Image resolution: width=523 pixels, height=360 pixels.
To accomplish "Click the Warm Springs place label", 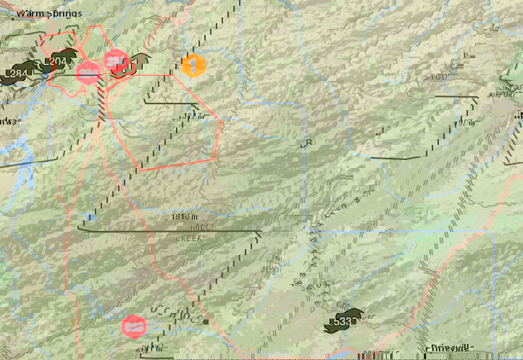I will tap(49, 13).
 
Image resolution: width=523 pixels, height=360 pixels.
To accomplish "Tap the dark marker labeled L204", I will tap(58, 62).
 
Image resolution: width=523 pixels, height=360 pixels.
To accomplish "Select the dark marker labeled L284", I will tap(18, 73).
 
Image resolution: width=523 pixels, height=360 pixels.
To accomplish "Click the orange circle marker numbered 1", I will tap(193, 66).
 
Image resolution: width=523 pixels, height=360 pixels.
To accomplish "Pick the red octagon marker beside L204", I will tap(88, 72).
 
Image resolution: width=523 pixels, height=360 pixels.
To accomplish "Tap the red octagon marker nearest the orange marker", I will tap(116, 61).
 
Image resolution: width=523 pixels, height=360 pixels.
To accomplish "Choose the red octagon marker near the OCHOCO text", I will tap(134, 327).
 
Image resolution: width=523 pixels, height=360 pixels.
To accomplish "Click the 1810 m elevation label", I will tap(180, 217).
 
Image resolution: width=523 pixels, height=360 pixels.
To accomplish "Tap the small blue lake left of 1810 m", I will tap(89, 217).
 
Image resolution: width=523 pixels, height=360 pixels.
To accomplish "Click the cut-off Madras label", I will tap(12, 119).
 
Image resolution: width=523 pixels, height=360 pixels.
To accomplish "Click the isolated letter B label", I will tap(309, 143).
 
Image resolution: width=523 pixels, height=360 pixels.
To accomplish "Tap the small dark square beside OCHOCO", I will tap(206, 322).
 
